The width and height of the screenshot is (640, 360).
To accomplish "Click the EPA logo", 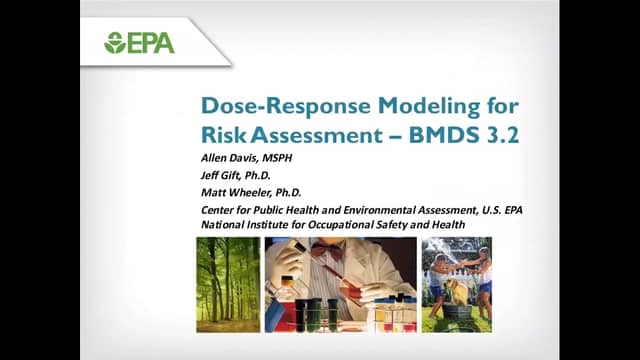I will tap(139, 43).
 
